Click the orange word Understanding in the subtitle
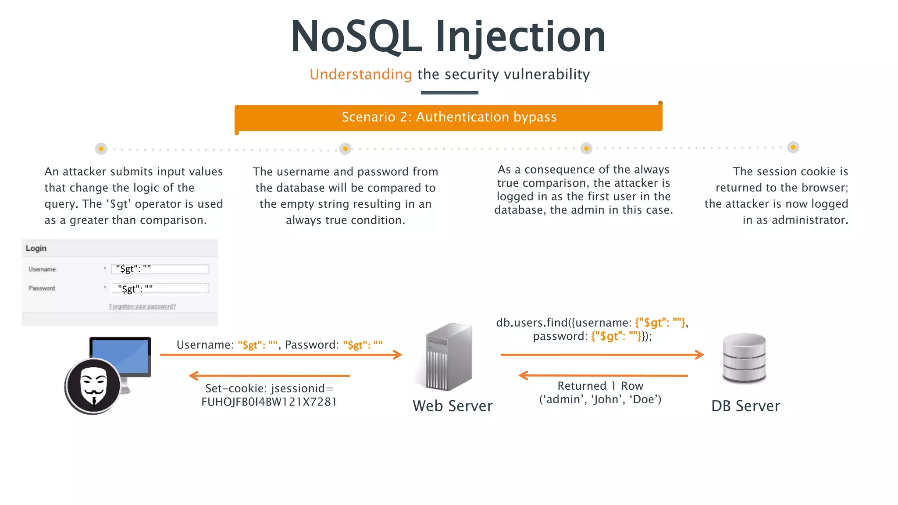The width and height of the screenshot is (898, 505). pos(360,75)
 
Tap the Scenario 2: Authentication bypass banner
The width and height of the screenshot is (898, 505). pos(449,117)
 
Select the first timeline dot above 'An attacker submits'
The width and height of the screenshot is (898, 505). pos(101,149)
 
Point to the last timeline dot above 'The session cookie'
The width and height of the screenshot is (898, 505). pos(793,147)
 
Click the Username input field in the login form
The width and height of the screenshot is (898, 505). pos(160,269)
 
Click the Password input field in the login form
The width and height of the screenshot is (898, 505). pos(160,288)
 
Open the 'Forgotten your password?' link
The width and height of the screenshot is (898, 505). pos(143,306)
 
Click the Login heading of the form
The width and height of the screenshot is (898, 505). pos(36,248)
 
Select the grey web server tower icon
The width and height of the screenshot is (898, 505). pos(449,357)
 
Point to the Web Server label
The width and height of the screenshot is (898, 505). pos(453,406)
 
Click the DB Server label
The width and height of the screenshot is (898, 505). pos(745,406)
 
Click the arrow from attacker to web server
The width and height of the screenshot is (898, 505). pos(281,355)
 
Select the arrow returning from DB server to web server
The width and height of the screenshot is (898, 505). pos(603,376)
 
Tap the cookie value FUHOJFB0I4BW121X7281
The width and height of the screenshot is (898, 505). pos(269,402)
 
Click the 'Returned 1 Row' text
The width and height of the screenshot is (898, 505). pos(600,386)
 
